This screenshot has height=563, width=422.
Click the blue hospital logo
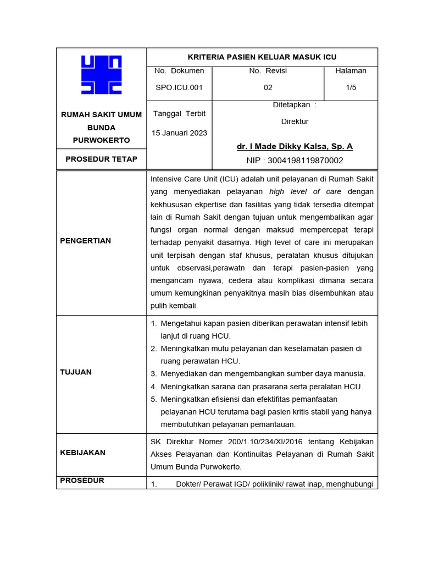point(101,75)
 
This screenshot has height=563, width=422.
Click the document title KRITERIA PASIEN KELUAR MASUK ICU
point(262,57)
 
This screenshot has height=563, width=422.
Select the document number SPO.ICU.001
point(179,87)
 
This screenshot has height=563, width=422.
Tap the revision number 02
point(268,87)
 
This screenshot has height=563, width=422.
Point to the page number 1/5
point(351,87)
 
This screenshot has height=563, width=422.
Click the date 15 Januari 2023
point(179,133)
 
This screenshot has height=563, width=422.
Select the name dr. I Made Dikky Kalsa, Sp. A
point(295,146)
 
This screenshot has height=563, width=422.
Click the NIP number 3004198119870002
point(295,161)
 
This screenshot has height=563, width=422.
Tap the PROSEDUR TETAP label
point(101,159)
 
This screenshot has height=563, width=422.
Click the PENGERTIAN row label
point(85,241)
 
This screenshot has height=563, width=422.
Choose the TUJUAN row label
point(76,372)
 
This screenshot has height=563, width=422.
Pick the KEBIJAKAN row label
point(82,453)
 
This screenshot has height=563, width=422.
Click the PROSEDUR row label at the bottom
point(82,481)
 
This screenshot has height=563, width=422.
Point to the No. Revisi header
point(268,71)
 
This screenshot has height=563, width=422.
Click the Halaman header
point(351,71)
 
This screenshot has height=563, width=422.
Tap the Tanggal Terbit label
point(179,114)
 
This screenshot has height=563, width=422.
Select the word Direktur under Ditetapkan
point(295,122)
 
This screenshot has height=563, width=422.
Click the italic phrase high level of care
point(306,192)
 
